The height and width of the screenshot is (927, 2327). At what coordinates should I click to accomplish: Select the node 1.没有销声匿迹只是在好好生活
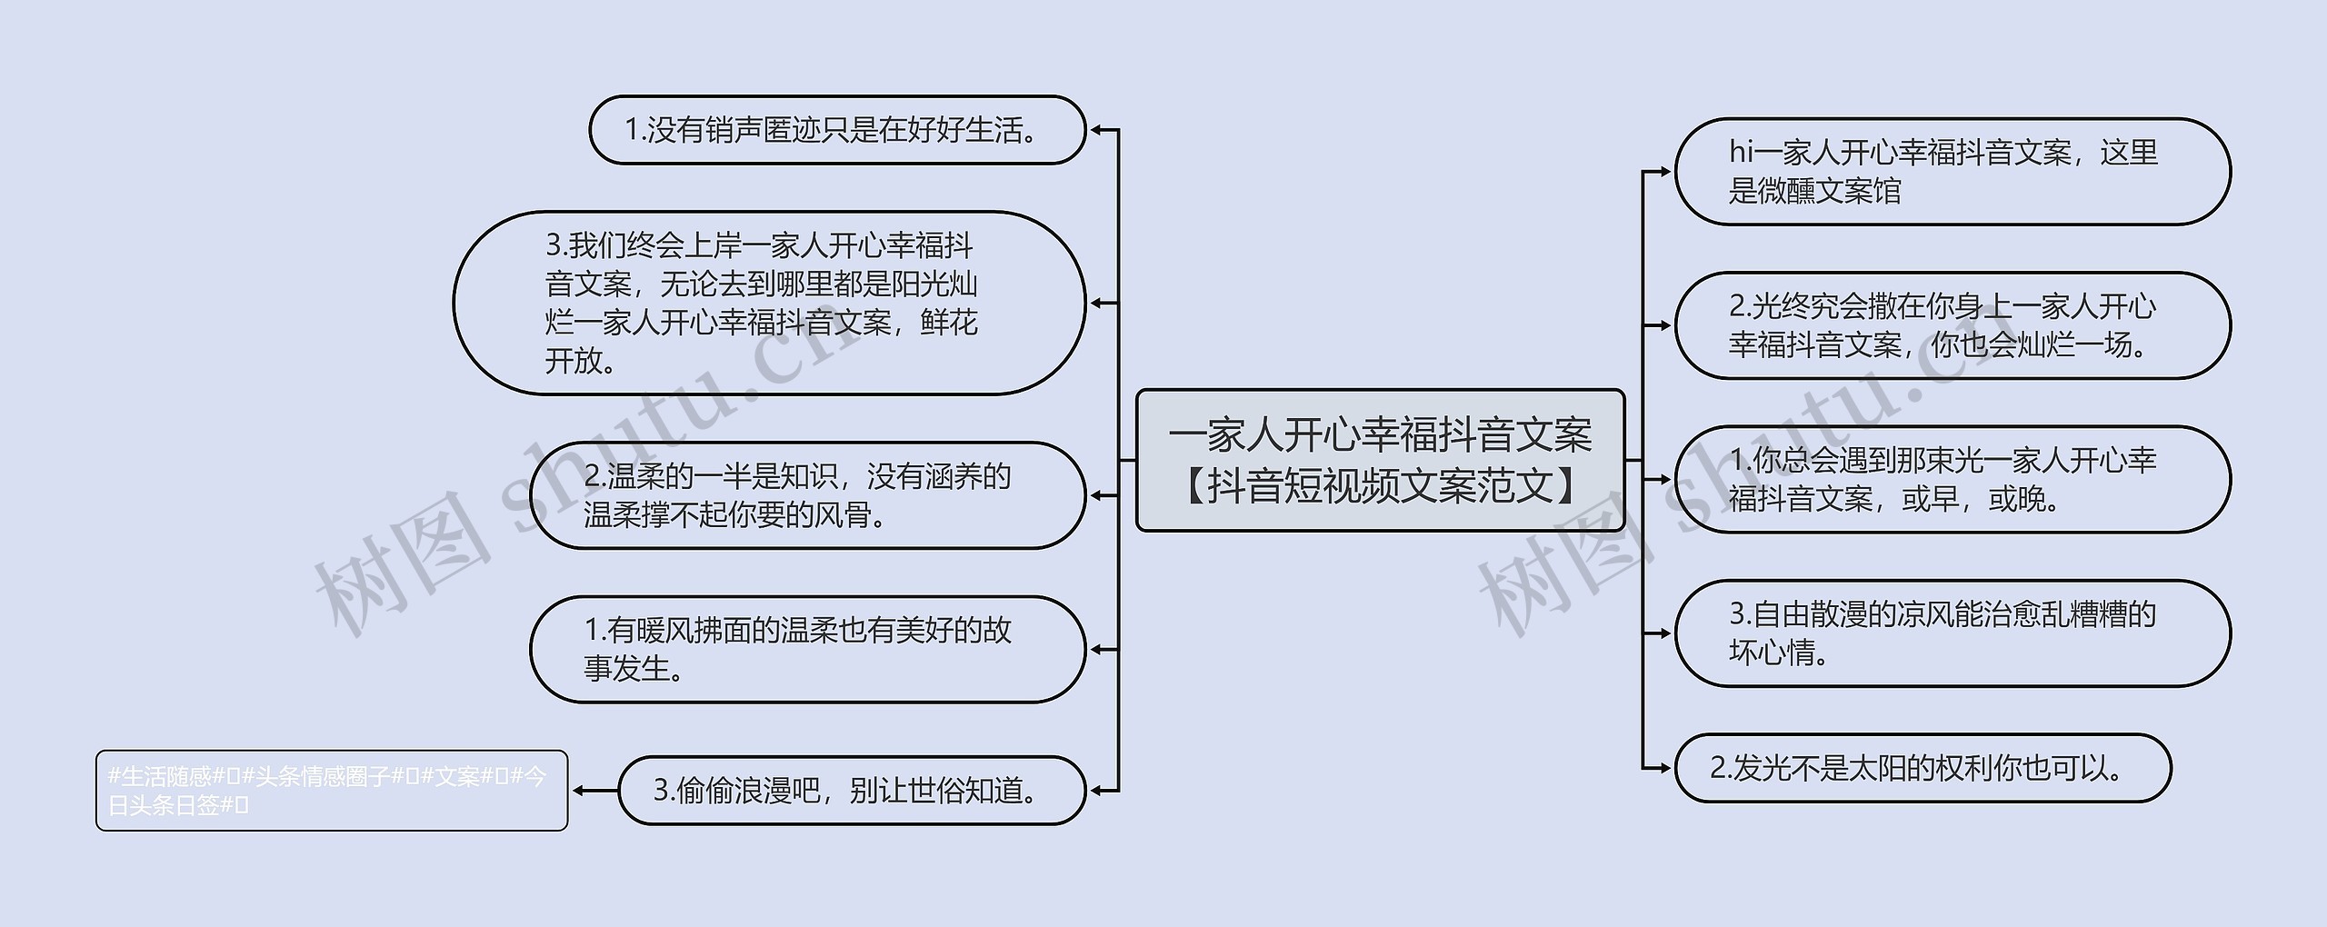836,130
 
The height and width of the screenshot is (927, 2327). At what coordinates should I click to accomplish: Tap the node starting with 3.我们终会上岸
769,303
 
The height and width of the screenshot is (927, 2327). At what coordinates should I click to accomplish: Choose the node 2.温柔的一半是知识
807,495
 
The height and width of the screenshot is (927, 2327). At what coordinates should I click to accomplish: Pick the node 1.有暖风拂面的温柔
807,649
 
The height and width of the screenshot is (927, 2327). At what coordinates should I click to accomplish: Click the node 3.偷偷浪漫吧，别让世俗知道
851,791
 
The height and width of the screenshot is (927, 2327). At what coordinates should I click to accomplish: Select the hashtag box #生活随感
331,791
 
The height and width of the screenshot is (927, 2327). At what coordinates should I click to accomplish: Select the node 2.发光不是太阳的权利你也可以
1922,768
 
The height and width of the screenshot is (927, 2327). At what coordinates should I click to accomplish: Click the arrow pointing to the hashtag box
580,791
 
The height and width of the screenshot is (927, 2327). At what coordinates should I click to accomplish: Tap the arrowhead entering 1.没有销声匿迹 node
1096,130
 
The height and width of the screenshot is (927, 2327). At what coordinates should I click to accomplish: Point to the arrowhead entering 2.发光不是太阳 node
1665,768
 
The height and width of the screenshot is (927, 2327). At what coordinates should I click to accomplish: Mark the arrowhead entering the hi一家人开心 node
1665,171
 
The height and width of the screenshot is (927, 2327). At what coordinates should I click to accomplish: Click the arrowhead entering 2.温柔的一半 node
1096,495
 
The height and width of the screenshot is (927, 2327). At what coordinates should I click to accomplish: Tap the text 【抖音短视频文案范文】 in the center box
1380,485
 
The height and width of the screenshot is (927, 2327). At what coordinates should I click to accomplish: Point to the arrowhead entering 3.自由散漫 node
1665,633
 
